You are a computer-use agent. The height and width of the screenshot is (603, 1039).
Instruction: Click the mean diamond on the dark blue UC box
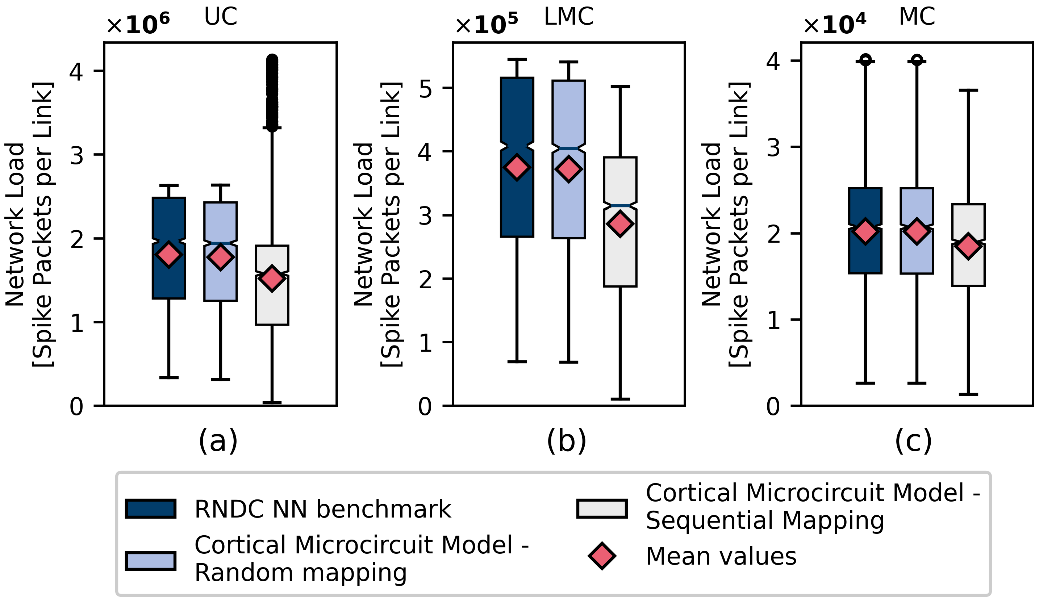coord(169,254)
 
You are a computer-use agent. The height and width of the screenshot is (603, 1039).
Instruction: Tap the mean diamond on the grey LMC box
coord(620,223)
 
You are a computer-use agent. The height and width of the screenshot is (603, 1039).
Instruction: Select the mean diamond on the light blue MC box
coord(917,231)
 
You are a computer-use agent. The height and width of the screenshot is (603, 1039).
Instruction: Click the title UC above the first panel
coord(221,17)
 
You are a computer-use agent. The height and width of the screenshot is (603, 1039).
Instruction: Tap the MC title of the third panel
coord(917,17)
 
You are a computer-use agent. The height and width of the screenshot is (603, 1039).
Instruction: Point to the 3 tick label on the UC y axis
coord(77,155)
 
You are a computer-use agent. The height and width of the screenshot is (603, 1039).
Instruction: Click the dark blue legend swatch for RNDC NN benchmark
coord(151,508)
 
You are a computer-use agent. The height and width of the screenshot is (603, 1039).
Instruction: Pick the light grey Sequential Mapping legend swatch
coord(602,508)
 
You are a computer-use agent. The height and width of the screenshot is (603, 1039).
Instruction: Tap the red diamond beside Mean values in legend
coord(602,556)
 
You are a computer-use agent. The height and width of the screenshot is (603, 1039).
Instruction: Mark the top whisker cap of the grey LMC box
coord(620,87)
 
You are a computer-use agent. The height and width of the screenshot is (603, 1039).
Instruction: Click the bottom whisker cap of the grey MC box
coord(968,394)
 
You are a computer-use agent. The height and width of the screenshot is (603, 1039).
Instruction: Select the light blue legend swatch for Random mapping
coord(151,561)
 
